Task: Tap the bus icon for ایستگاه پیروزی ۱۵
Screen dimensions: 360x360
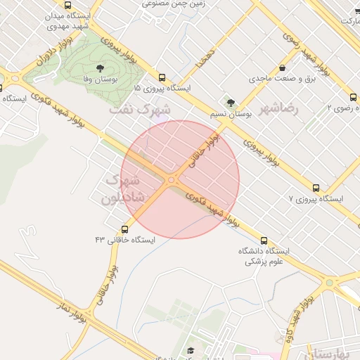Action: click(x=162, y=78)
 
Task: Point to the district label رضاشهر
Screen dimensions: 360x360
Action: click(x=279, y=109)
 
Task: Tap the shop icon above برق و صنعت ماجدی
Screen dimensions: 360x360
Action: click(x=282, y=68)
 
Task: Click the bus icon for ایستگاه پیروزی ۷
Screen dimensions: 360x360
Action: click(x=316, y=188)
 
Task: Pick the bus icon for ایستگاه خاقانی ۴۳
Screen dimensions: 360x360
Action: click(x=125, y=229)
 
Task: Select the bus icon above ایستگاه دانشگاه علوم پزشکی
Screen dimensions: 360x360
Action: click(x=264, y=240)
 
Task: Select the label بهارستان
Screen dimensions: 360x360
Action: click(x=335, y=353)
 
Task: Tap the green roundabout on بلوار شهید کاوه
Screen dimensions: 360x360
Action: click(x=329, y=283)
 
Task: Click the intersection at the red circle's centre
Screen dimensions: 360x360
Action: click(x=172, y=180)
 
